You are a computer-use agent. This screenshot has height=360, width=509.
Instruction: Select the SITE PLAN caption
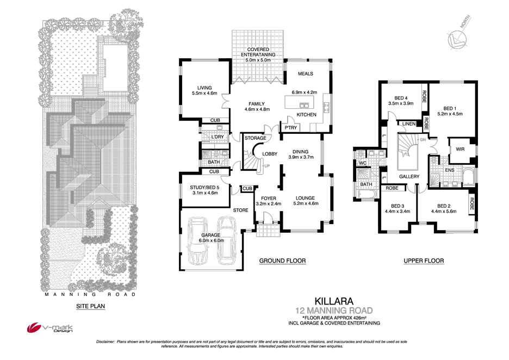click(x=90, y=306)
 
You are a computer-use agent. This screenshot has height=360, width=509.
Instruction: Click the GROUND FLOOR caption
click(x=282, y=261)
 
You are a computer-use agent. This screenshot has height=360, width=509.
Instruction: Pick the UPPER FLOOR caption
click(x=424, y=261)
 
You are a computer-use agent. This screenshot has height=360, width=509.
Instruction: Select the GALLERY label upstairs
click(x=409, y=177)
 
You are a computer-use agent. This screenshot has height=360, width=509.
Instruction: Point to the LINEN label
click(x=409, y=124)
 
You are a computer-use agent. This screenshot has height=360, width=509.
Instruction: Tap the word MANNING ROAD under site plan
click(x=90, y=294)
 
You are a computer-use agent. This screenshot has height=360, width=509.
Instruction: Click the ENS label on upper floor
click(x=450, y=170)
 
